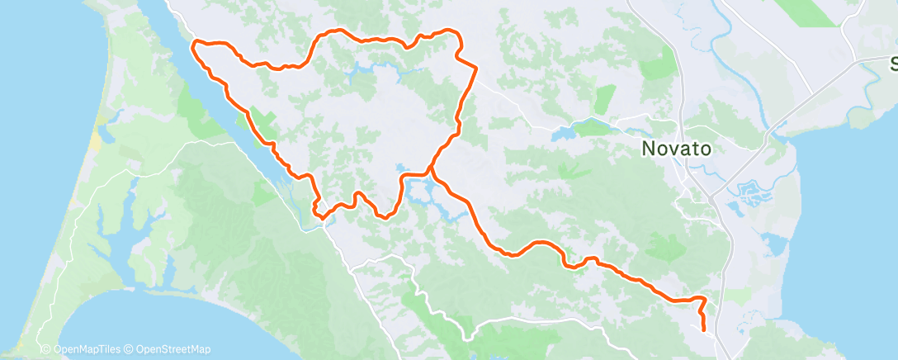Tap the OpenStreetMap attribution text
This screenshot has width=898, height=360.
(173, 349)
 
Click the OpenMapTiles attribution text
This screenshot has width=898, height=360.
(83, 349)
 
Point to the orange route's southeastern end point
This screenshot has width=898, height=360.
(703, 329)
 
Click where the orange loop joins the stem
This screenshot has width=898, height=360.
(430, 169)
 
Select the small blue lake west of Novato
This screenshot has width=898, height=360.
(569, 132)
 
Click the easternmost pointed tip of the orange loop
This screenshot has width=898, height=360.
(477, 67)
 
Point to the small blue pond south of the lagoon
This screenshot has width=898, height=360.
(775, 244)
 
